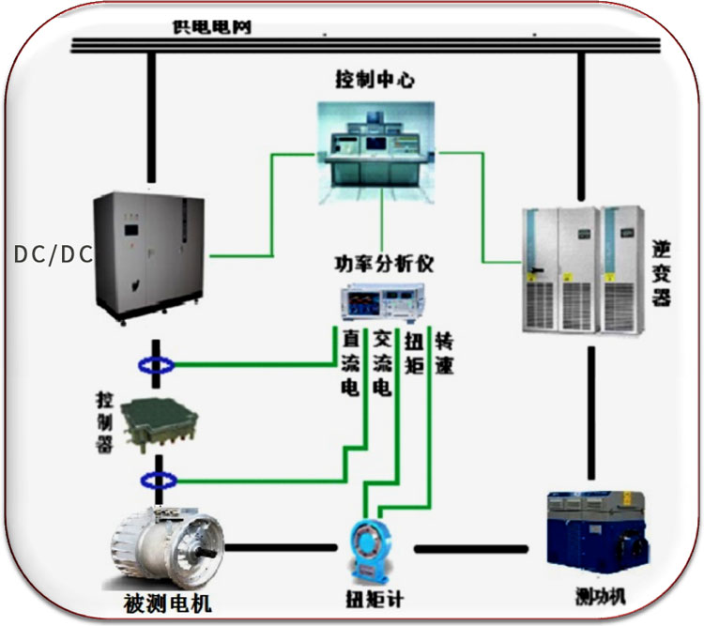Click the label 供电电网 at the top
[212, 27]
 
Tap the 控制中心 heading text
[375, 80]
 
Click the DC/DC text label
[54, 254]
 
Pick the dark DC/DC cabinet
[149, 257]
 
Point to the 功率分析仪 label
[384, 264]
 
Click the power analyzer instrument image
[383, 302]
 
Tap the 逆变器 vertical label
[662, 273]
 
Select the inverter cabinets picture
[583, 269]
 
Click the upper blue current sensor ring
[156, 365]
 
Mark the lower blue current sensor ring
[159, 481]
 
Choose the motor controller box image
[160, 425]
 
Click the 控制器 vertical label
[104, 422]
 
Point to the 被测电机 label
[167, 603]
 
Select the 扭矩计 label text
[375, 599]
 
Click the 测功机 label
[601, 596]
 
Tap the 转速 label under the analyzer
[444, 355]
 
